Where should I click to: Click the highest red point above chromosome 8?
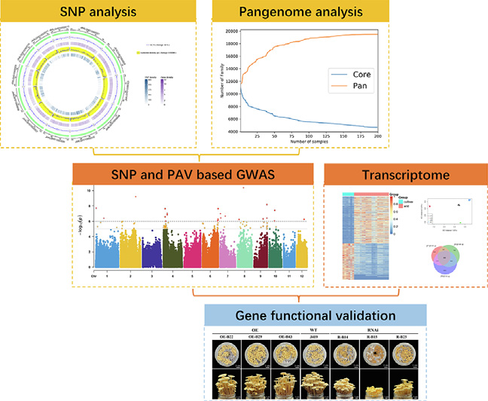coord(243,188)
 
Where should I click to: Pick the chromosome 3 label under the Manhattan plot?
coord(154,277)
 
